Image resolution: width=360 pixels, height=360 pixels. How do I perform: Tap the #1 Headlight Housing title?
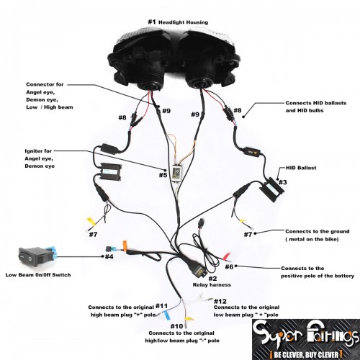pos(178,22)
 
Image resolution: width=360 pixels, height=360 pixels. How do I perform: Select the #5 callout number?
pos(163,175)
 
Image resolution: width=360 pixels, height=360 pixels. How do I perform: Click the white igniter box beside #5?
pos(178,172)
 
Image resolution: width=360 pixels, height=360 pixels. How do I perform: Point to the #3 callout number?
pos(283,182)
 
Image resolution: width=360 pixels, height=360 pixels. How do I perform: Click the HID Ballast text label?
pos(301,168)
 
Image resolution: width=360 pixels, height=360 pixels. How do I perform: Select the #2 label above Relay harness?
pos(212,279)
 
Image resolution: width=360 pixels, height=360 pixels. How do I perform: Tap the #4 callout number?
pos(109,257)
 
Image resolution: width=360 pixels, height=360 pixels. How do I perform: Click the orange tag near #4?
pos(125,246)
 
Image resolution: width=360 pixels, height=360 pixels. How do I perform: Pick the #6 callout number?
pos(229,266)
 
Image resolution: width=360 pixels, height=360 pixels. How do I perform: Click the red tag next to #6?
pos(227,256)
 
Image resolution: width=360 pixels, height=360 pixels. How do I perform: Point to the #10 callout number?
pos(177,326)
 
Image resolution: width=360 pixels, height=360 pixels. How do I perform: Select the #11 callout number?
pos(161,306)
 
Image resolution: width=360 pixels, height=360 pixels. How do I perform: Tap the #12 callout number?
pos(220,301)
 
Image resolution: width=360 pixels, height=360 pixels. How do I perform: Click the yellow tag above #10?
pos(189,319)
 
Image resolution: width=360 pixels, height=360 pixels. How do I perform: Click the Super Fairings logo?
pos(306,340)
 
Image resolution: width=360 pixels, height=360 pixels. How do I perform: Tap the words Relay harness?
pos(212,285)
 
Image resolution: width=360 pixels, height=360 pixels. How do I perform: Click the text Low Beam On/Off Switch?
pos(38,275)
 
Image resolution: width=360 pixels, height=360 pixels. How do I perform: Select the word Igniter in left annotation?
pos(35,151)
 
